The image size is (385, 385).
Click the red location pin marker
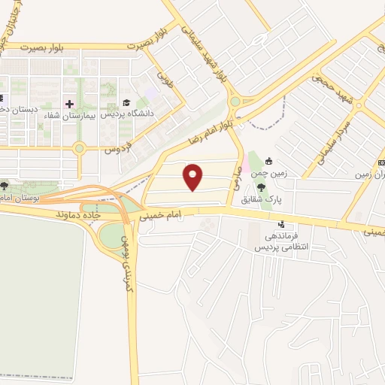click(194, 177)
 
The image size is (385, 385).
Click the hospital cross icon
click(70, 104)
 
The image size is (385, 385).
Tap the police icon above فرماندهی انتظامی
click(281, 223)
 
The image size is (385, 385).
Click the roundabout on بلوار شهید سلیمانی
click(235, 102)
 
